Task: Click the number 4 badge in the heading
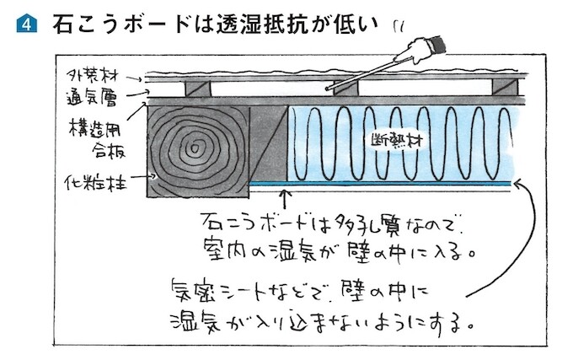[x=23, y=24]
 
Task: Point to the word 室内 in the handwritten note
[x=223, y=250]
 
